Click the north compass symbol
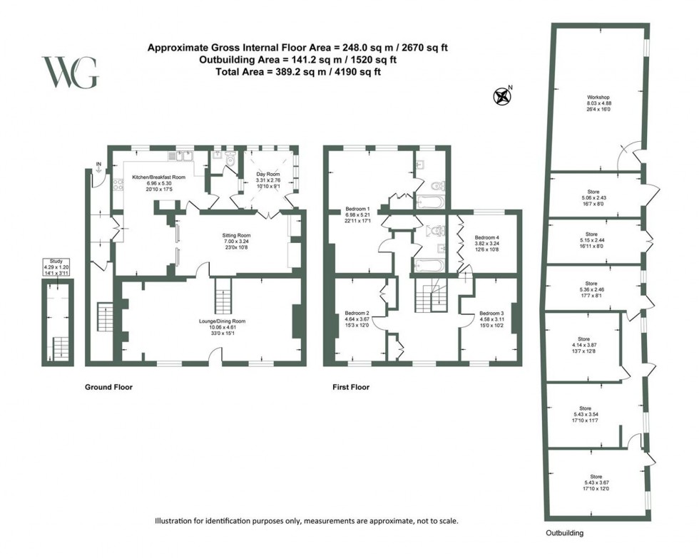[x=504, y=95]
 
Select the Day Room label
[x=268, y=175]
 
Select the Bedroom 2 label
[x=357, y=314]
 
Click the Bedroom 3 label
[x=491, y=314]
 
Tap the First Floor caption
[x=350, y=388]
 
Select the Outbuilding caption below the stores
[x=564, y=532]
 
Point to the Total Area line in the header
[x=298, y=72]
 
